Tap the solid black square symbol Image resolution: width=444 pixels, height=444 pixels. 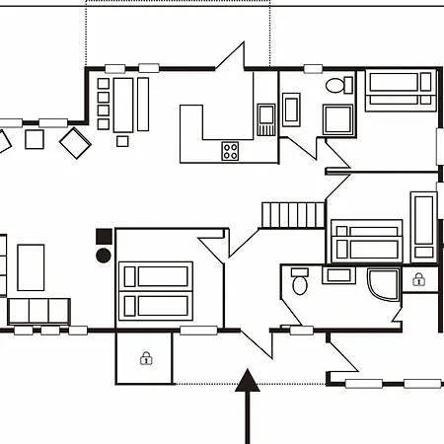tap(104, 236)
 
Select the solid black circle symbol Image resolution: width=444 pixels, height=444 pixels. tap(104, 256)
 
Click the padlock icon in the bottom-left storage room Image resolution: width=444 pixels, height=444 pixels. tap(146, 358)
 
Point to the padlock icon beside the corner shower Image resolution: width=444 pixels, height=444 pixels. tap(418, 279)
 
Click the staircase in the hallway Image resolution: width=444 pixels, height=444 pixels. tap(292, 214)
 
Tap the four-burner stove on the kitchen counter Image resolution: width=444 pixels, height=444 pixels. tap(231, 151)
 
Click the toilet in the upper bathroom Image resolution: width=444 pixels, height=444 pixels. tap(337, 86)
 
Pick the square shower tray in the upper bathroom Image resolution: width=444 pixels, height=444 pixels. tap(341, 119)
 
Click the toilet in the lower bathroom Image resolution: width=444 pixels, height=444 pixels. tap(300, 283)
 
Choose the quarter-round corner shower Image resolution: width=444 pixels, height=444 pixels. tap(383, 285)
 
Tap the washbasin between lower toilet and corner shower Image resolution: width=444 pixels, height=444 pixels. tap(338, 275)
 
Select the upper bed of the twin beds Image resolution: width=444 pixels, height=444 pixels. tap(155, 274)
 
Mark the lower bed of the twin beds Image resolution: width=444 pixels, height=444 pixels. tap(155, 304)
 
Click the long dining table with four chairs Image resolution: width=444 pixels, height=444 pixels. tap(124, 105)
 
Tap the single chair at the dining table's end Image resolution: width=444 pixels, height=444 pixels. tap(122, 140)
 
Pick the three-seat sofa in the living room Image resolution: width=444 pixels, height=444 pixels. tap(38, 311)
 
